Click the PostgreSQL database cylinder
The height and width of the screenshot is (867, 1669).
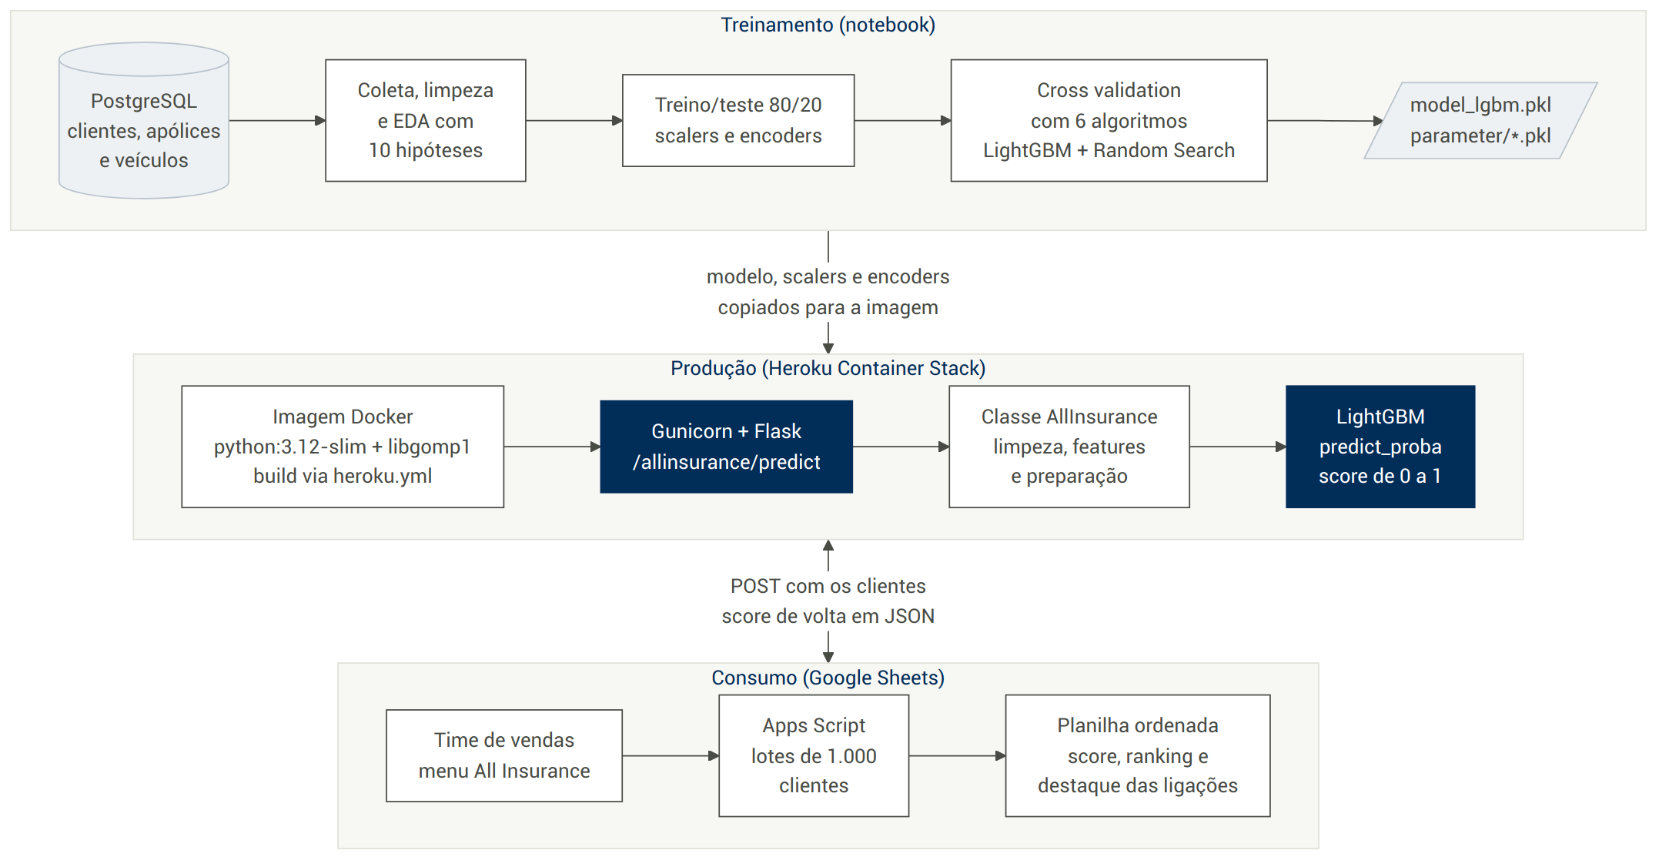[144, 121]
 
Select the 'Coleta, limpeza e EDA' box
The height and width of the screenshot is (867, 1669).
[426, 121]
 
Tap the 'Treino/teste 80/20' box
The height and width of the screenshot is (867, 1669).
[738, 121]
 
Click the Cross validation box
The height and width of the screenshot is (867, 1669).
[1109, 121]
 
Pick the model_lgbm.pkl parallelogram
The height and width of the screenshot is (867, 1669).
[1480, 121]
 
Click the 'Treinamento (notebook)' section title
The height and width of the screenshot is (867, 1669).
[828, 25]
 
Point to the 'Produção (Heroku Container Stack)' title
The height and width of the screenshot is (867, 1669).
[828, 369]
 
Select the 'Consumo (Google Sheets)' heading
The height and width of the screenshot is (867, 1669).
[828, 678]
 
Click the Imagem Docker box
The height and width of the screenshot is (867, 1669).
[343, 447]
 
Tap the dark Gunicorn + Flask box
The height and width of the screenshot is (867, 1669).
[727, 447]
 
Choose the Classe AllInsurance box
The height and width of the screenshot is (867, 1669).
[1069, 447]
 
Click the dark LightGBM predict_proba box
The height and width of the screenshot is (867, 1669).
[1380, 447]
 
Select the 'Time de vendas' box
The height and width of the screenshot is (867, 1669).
[504, 756]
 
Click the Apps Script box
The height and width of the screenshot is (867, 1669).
[814, 756]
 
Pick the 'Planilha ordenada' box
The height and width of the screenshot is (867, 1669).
[1138, 756]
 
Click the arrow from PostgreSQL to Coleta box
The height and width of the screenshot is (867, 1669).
[278, 121]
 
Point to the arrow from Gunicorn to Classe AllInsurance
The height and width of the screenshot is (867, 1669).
[901, 447]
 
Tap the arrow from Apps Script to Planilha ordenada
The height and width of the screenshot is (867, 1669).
[958, 756]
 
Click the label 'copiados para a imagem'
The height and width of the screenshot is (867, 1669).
[828, 308]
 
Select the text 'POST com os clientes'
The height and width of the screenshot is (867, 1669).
[828, 587]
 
